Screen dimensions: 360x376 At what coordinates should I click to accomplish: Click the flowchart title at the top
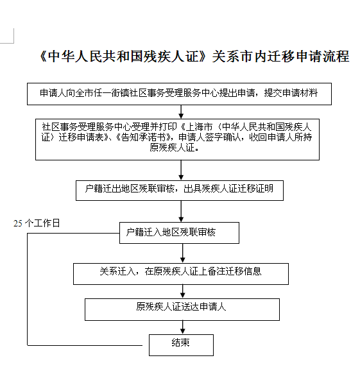[x=194, y=56]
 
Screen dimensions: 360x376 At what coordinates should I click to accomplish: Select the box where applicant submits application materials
[x=179, y=94]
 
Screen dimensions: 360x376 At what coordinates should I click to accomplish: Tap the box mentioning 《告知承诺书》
[x=177, y=139]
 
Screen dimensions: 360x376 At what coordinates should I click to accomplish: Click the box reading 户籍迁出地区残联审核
[x=180, y=191]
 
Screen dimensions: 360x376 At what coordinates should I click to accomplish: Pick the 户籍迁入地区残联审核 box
[x=179, y=233]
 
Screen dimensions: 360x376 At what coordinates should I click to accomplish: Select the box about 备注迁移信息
[x=181, y=274]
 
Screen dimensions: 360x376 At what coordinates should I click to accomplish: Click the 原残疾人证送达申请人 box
[x=182, y=309]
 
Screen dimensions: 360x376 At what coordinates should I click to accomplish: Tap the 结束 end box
[x=181, y=345]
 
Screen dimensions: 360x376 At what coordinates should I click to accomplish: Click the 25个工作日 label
[x=37, y=223]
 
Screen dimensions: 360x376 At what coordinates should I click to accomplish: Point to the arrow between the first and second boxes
[x=181, y=112]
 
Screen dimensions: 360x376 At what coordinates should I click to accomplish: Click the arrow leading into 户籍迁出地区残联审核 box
[x=181, y=170]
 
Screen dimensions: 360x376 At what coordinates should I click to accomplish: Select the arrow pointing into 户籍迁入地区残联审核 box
[x=181, y=211]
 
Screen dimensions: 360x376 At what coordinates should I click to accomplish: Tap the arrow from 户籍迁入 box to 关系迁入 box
[x=182, y=253]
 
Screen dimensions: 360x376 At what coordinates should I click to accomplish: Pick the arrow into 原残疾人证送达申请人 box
[x=182, y=291]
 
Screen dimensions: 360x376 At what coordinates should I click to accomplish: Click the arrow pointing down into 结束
[x=182, y=327]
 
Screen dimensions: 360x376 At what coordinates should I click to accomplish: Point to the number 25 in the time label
[x=18, y=223]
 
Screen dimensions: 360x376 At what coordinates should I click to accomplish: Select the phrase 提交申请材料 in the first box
[x=291, y=93]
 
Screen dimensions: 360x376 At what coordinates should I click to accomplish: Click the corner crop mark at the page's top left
[x=13, y=43]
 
